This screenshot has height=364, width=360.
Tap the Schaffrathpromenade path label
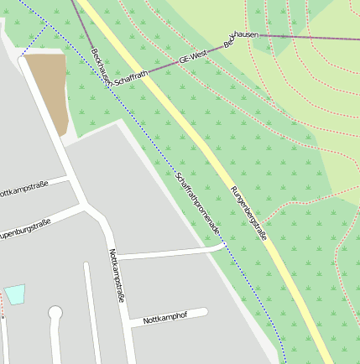coord(198,203)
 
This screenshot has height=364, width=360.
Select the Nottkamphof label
coord(164,320)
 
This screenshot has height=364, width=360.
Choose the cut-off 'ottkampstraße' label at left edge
coord(23,189)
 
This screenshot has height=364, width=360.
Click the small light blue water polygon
coord(14,294)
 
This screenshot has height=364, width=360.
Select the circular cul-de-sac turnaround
coord(55,313)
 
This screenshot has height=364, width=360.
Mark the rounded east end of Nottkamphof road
coord(203,313)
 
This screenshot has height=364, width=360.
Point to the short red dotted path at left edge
coord(2,309)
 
